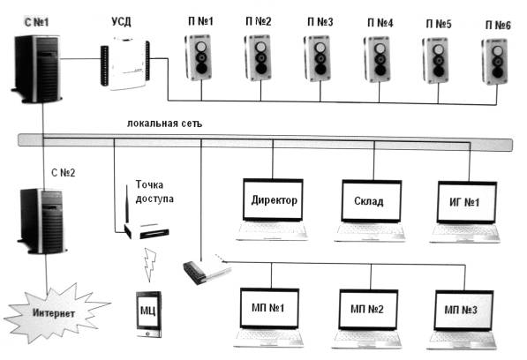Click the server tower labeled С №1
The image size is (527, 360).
coord(37,69)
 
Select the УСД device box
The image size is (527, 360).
coord(125,64)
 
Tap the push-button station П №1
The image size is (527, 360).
coord(199,57)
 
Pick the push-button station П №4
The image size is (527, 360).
coord(379,59)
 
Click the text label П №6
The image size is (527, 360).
coord(498,26)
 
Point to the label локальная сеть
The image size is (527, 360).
coord(165,124)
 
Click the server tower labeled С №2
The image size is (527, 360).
coord(42,221)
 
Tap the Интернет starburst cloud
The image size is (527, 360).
coord(55,313)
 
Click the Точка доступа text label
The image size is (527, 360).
coord(154,191)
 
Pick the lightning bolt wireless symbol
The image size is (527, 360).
coord(150,265)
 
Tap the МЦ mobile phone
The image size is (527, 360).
coord(148,314)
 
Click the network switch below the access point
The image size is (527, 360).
coord(207,269)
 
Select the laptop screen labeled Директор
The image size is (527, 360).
coord(273,200)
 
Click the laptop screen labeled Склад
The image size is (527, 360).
coord(372,201)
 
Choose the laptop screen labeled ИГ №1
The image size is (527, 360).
coord(467,202)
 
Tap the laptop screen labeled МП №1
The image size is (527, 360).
coord(269,308)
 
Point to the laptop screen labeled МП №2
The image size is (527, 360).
coord(368,310)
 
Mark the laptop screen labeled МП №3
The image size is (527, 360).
coord(463,311)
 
